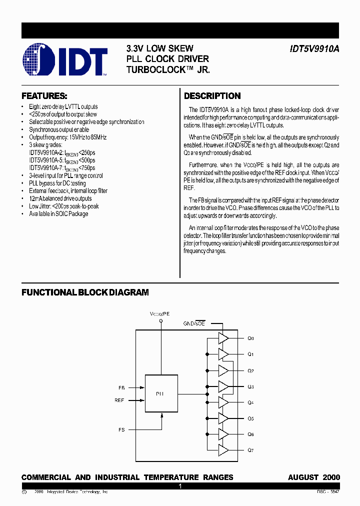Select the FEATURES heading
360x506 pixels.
tap(44, 95)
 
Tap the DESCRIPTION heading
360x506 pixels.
tap(212, 96)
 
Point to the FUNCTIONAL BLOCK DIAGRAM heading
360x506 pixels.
tap(85, 292)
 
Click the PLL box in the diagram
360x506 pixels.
tap(161, 393)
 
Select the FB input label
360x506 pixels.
tap(121, 387)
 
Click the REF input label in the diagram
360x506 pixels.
tap(119, 400)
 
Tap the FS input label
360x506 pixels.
tap(121, 429)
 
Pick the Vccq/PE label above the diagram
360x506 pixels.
tap(160, 313)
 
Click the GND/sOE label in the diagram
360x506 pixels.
tap(194, 324)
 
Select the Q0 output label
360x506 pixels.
tap(250, 338)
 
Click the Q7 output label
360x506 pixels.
tap(250, 450)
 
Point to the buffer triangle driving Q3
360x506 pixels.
tap(223, 386)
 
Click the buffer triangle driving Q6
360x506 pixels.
tap(223, 434)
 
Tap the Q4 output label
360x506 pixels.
tap(250, 402)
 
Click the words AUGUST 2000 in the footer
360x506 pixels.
tap(313, 477)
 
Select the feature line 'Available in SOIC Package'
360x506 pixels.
tap(58, 214)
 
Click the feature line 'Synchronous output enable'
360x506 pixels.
tap(59, 129)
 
